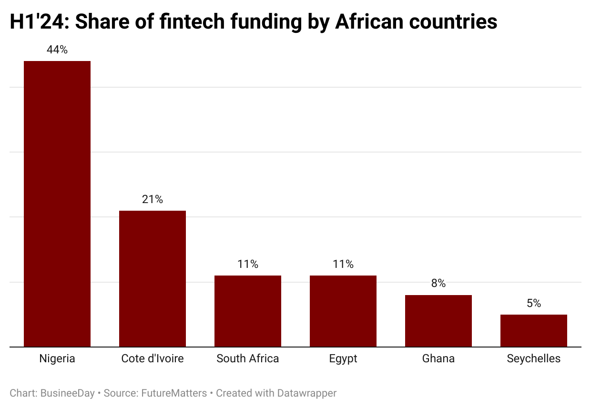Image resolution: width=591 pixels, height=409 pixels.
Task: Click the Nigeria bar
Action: coord(57,204)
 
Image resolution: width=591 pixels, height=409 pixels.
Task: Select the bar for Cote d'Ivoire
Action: coord(153,278)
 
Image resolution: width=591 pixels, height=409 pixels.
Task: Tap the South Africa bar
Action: coord(248,311)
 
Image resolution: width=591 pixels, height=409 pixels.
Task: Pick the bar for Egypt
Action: coord(343,311)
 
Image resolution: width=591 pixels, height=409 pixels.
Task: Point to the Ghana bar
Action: coord(438,321)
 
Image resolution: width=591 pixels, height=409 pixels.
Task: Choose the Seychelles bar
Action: coord(534,330)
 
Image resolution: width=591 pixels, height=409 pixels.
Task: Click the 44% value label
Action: coord(57,50)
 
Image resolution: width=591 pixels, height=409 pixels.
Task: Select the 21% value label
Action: coord(153,199)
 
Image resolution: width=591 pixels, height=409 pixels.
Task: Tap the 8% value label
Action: coord(438,284)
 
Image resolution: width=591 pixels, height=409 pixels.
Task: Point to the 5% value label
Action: coord(534,303)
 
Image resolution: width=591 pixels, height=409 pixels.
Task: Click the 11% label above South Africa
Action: coord(248,264)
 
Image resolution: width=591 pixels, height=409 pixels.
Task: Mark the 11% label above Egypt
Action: coord(343,264)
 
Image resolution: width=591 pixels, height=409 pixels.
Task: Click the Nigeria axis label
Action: coord(57,358)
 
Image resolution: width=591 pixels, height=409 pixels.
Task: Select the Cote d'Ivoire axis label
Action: coord(153,358)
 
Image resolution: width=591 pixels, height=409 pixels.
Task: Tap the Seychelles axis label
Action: coord(534,358)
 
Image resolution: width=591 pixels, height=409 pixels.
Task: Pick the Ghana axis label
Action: coord(438,358)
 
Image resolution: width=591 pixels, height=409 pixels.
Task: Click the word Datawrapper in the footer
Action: coord(308,393)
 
